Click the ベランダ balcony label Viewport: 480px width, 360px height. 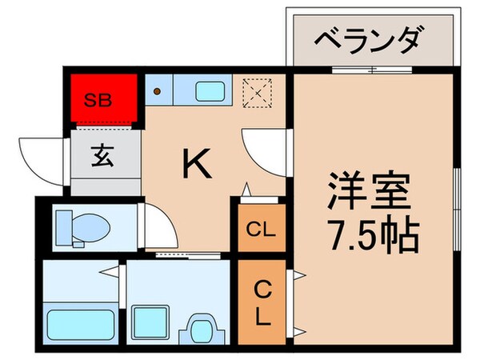click(x=370, y=38)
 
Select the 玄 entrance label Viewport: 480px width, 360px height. click(x=106, y=156)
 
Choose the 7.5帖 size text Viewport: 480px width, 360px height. click(x=370, y=233)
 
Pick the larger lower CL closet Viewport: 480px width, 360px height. click(x=262, y=302)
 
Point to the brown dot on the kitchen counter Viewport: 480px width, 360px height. click(x=158, y=90)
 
